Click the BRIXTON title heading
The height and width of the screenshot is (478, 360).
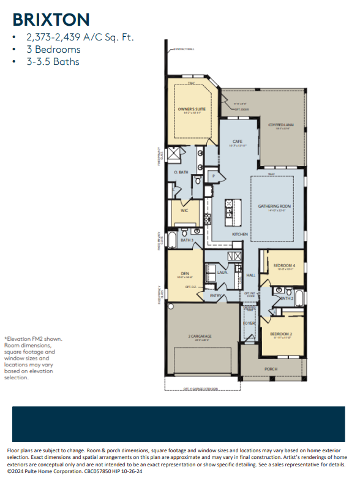pyautogui.click(x=51, y=20)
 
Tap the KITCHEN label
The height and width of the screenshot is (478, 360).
pyautogui.click(x=239, y=235)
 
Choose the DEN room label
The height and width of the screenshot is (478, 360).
pyautogui.click(x=184, y=273)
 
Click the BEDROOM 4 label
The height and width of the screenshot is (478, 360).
pyautogui.click(x=283, y=265)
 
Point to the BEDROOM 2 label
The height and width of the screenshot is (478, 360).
pyautogui.click(x=281, y=334)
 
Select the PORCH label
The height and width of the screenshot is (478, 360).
pyautogui.click(x=271, y=369)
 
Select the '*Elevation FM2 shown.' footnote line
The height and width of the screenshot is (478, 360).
pyautogui.click(x=33, y=338)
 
